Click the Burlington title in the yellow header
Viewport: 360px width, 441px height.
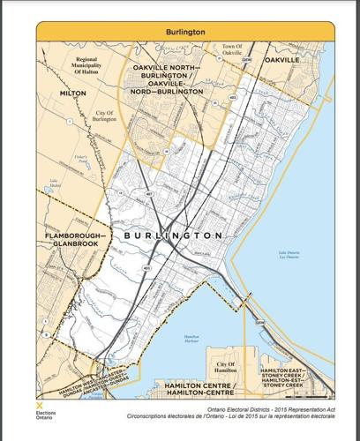coord(185,31)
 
